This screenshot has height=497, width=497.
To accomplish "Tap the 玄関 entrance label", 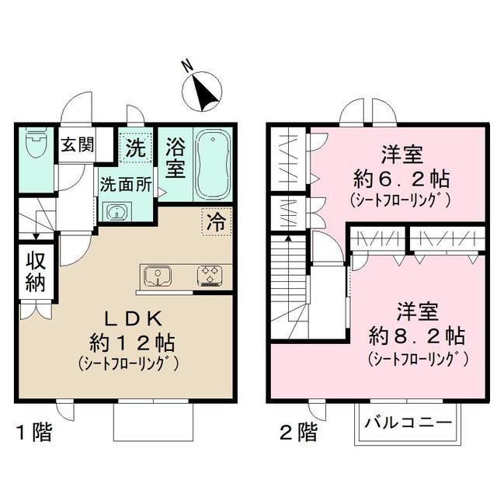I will (x=78, y=144).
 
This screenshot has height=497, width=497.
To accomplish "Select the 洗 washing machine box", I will (x=136, y=148).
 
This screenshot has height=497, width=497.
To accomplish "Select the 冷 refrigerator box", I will (x=215, y=221).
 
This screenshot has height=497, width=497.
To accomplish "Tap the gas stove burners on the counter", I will (x=209, y=276).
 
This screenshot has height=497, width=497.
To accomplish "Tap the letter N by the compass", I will (x=186, y=67).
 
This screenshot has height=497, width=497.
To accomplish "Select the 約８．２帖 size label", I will (x=417, y=336).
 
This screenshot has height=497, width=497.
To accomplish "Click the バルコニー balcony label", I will (x=408, y=424).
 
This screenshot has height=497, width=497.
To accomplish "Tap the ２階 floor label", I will (x=297, y=432).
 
